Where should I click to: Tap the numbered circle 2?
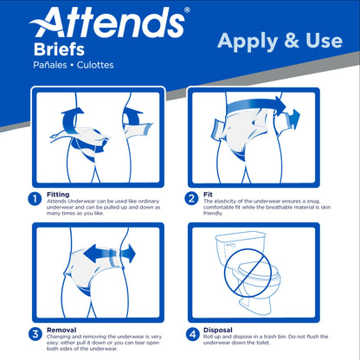point(192,198)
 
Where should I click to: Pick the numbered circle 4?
point(192,333)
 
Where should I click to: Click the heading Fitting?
point(59,194)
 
